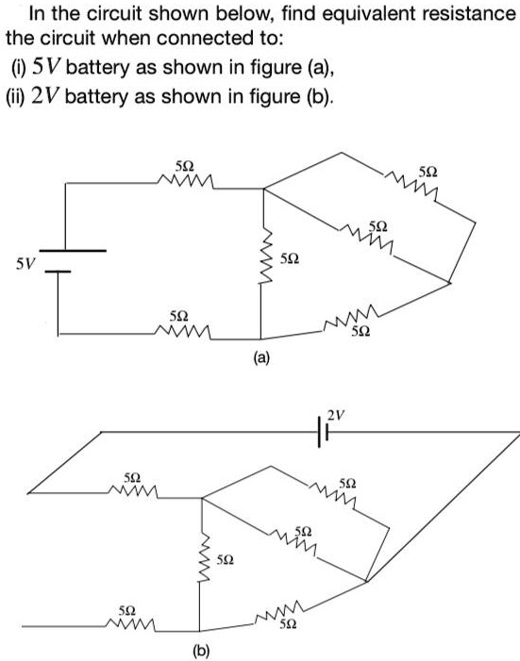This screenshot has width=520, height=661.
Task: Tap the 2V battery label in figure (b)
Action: tap(337, 412)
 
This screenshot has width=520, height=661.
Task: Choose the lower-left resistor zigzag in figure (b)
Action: tap(131, 625)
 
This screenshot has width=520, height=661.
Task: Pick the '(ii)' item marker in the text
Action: tap(24, 97)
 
